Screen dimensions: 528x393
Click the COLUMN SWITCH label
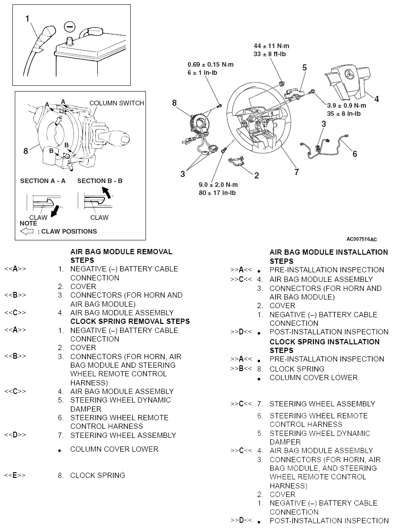click(x=116, y=103)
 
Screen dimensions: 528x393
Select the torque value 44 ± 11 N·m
click(x=271, y=46)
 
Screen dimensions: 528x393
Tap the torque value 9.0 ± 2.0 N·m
click(x=218, y=185)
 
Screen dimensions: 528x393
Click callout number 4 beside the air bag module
click(x=376, y=99)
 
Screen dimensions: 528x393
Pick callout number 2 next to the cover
click(x=256, y=176)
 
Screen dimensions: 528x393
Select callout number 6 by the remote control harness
click(x=354, y=153)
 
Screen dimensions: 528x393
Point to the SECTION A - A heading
click(x=43, y=181)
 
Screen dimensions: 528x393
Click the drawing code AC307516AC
click(x=362, y=239)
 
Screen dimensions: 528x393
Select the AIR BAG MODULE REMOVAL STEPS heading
click(x=121, y=256)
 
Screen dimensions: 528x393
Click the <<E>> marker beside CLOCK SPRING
click(x=15, y=475)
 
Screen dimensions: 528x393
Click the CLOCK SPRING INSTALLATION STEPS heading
click(x=324, y=346)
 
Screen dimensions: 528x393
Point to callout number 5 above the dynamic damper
click(x=304, y=67)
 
